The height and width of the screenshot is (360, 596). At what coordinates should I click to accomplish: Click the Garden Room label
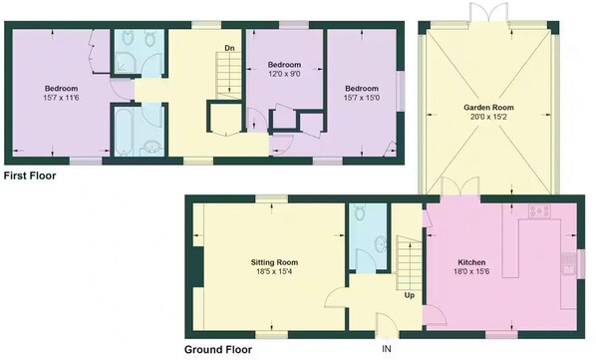(x=488, y=108)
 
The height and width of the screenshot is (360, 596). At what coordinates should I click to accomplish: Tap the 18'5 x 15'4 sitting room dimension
(x=274, y=272)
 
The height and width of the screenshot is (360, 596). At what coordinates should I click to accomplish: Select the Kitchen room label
(x=471, y=262)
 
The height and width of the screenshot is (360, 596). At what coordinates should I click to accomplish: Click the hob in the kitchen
(x=540, y=211)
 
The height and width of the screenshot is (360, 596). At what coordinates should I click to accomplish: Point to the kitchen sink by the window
(x=569, y=264)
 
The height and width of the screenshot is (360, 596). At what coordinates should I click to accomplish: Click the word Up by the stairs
(x=410, y=295)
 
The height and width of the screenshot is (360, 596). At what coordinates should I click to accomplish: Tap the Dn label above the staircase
(x=229, y=48)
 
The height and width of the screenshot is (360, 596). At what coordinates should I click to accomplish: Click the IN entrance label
(x=387, y=349)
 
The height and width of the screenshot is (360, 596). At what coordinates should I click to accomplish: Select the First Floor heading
(x=30, y=176)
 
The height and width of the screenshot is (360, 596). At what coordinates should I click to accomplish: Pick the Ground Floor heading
(x=218, y=349)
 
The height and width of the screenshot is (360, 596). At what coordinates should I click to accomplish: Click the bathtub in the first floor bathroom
(x=124, y=132)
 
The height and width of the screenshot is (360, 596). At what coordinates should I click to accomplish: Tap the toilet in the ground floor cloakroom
(x=360, y=212)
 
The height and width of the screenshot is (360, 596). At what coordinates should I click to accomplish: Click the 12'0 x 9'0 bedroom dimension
(x=284, y=74)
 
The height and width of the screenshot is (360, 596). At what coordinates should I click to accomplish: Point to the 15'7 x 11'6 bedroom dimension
(x=61, y=98)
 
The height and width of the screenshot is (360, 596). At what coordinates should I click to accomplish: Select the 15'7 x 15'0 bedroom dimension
(x=362, y=98)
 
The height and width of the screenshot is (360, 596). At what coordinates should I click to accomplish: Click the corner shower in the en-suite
(x=125, y=62)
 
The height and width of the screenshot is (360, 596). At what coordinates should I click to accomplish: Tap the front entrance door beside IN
(x=388, y=324)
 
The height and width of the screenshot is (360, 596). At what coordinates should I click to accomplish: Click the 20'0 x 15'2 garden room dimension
(x=488, y=117)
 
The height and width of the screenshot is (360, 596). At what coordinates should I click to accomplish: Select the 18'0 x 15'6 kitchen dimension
(x=471, y=272)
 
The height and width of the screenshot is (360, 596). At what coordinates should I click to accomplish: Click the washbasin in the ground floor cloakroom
(x=381, y=244)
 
